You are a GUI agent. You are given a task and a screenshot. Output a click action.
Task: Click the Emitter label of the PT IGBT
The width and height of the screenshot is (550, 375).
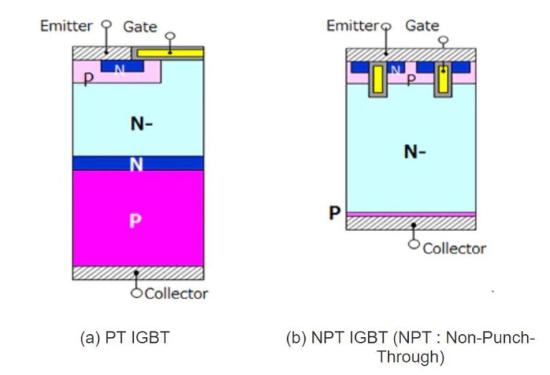coord(66,26)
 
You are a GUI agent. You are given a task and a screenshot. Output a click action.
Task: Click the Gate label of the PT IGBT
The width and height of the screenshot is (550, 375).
coord(140,26)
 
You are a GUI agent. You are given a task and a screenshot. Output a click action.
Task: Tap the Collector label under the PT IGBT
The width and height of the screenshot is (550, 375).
coord(176,293)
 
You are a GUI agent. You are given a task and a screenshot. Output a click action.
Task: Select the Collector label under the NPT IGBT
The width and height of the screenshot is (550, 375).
coord(454,248)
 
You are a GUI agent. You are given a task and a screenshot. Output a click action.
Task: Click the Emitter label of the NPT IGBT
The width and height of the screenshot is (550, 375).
coord(352,26)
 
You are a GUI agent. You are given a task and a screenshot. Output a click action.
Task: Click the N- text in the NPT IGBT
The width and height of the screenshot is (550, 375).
coord(415,152)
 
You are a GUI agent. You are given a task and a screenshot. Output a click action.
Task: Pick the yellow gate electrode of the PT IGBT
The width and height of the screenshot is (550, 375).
coord(170,53)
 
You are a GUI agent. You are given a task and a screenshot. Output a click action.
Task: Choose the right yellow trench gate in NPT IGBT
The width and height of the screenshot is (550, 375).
coord(443,82)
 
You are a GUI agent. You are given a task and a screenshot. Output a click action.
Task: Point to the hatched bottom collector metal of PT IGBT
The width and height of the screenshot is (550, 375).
coord(137,273)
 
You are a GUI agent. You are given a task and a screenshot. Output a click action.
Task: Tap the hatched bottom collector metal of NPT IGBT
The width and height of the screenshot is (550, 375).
coord(410,223)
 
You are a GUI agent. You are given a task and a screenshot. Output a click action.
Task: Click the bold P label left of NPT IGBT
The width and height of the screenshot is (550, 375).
coord(334,213)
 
